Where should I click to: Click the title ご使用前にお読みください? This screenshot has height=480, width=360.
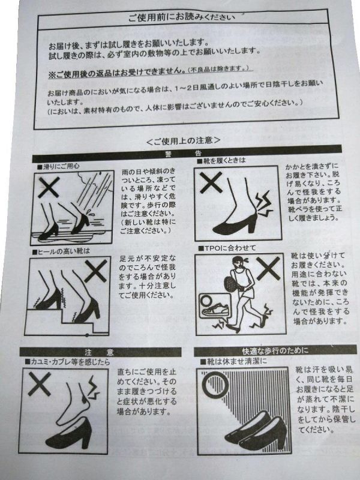(182, 17)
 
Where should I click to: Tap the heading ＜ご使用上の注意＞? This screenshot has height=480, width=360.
(184, 140)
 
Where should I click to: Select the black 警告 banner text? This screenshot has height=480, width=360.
(183, 154)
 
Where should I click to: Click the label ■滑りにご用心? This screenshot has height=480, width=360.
(58, 166)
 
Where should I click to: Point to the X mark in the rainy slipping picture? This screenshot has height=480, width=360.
(49, 187)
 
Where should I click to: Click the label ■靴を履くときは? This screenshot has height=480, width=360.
(221, 161)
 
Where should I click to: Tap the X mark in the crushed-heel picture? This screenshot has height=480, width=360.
(211, 182)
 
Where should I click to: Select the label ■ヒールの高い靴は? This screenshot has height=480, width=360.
(62, 251)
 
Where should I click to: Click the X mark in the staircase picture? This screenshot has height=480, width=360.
(95, 271)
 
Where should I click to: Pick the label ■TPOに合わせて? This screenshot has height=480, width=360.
(227, 248)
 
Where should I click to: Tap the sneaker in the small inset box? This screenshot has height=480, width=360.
(215, 310)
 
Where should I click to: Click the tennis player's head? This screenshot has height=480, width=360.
(238, 263)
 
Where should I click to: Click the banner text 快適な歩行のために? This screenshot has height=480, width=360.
(275, 350)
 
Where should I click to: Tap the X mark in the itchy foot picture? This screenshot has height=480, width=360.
(39, 384)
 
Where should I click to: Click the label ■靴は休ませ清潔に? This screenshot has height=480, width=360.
(233, 362)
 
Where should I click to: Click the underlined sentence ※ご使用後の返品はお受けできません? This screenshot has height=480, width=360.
(117, 72)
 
